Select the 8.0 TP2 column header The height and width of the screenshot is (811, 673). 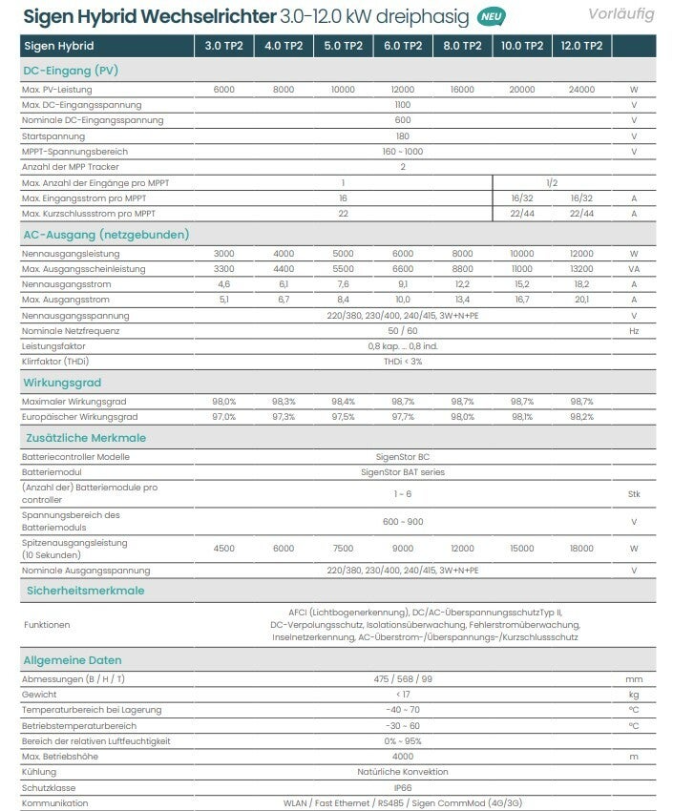point(462,46)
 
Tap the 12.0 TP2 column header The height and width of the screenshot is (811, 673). point(581,46)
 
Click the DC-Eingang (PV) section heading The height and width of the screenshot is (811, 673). point(71,70)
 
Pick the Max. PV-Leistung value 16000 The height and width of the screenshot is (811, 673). point(462,89)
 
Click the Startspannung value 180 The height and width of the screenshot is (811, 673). point(402,136)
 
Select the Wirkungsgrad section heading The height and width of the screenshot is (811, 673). point(62,382)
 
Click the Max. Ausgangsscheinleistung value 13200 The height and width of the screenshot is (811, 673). point(581,269)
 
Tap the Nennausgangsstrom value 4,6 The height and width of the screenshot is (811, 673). point(223,284)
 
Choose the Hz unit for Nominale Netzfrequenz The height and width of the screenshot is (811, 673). point(633,330)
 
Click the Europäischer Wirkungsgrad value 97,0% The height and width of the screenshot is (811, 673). point(223,417)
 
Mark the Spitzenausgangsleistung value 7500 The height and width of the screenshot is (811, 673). point(343,548)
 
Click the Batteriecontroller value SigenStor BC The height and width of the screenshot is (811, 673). point(402,457)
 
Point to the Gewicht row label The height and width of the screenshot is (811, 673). point(39,694)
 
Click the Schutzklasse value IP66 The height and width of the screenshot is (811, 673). point(402,787)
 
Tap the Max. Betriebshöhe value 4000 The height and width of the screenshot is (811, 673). point(402,757)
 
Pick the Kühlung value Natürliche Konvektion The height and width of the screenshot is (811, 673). point(402,772)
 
